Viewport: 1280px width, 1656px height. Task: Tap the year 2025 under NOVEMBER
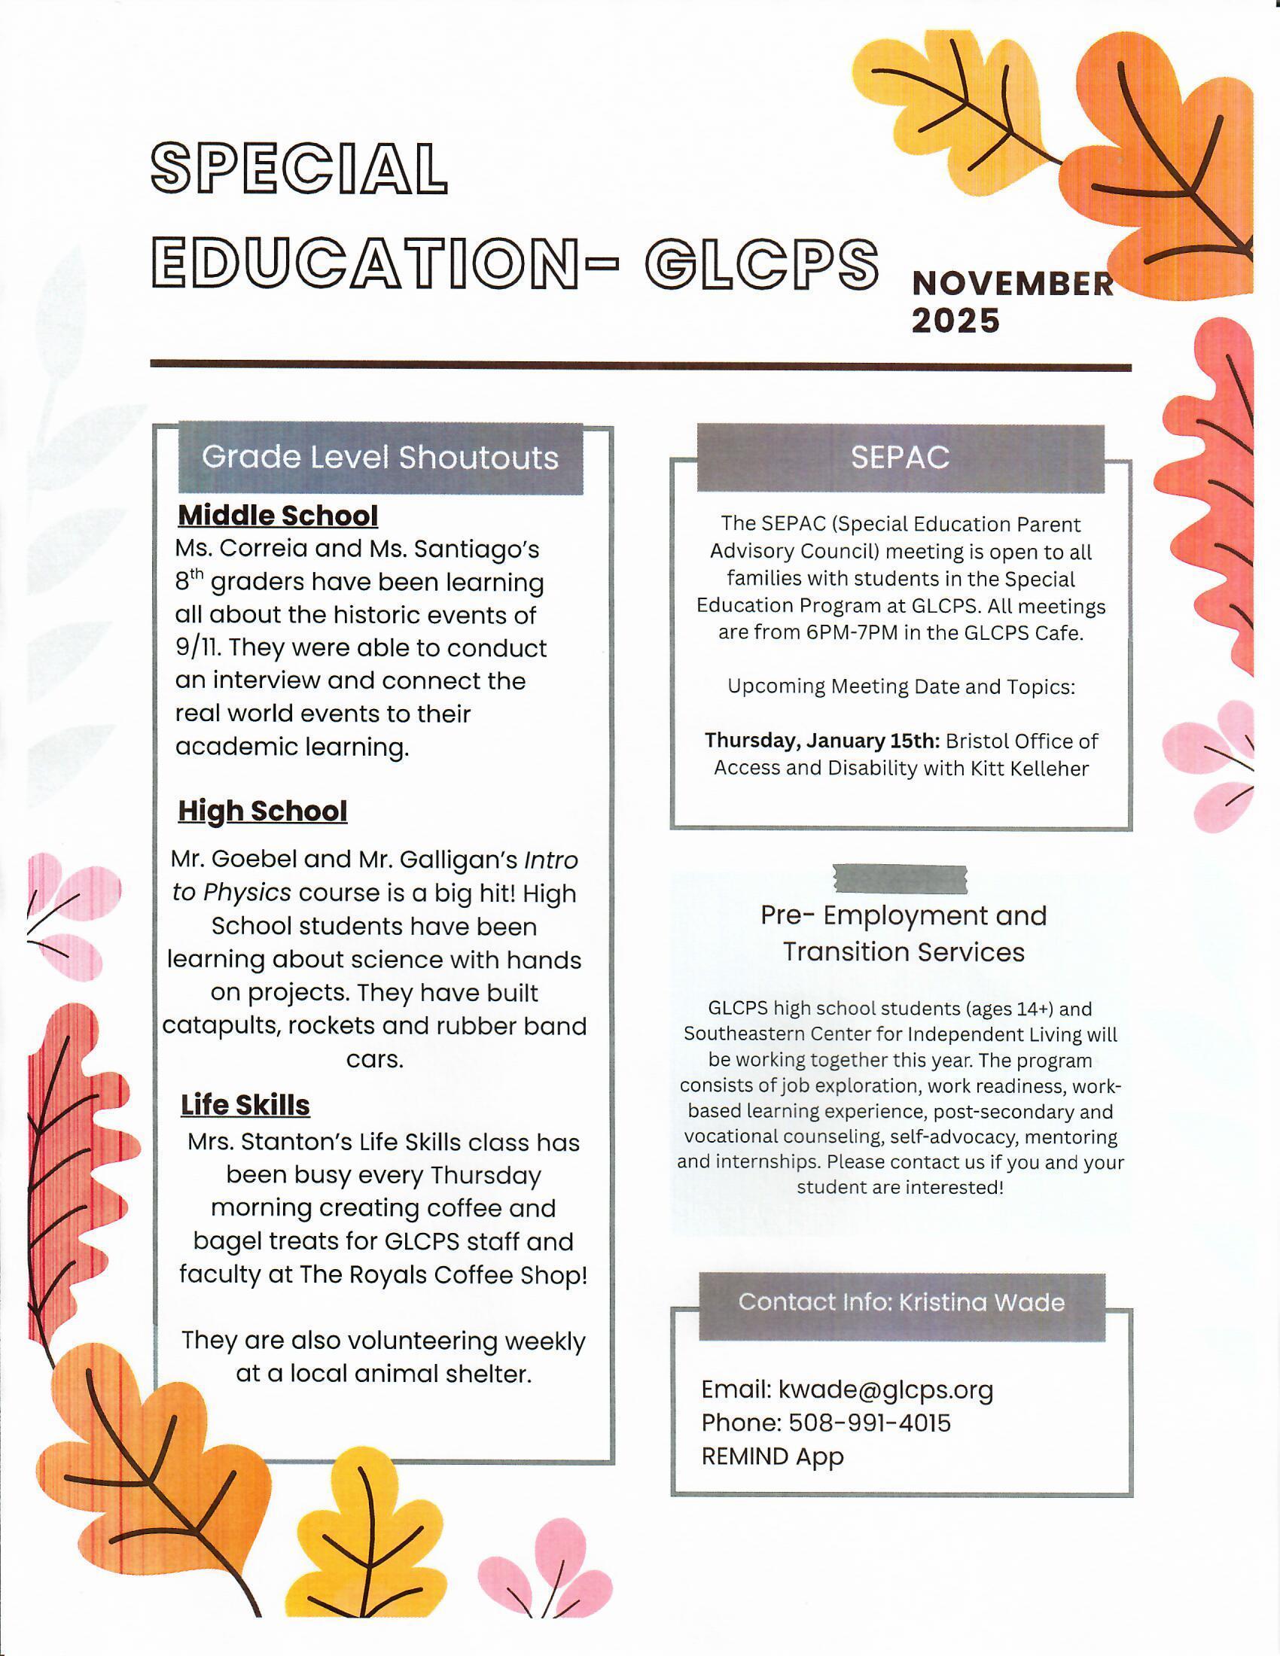[955, 321]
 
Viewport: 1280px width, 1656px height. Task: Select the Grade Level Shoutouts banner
[380, 458]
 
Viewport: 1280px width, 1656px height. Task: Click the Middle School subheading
[278, 516]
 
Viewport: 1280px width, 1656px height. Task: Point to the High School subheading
[262, 811]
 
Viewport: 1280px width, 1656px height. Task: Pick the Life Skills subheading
[245, 1105]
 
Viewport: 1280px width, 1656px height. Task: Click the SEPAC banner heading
[899, 457]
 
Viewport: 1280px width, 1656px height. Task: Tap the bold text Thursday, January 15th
[822, 740]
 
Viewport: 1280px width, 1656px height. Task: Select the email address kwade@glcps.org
[885, 1390]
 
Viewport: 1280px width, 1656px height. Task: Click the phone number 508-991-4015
[869, 1423]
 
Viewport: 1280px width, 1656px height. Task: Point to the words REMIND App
[772, 1457]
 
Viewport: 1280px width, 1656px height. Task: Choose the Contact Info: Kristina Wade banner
[901, 1302]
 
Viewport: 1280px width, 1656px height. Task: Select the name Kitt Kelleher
[1029, 768]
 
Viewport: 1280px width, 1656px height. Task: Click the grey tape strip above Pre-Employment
[899, 878]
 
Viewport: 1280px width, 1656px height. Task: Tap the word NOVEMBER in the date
[1011, 284]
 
